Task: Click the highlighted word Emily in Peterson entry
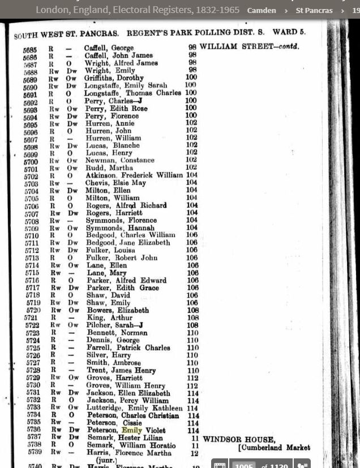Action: (132, 431)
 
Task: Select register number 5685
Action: (30, 49)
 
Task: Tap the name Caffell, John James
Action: (118, 55)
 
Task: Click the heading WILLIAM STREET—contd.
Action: (249, 46)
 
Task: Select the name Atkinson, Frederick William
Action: (134, 176)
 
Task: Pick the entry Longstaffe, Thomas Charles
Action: (132, 93)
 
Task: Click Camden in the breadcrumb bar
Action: (262, 10)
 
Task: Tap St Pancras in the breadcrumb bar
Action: (314, 10)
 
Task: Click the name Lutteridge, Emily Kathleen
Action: (134, 408)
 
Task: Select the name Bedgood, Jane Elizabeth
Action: (127, 243)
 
